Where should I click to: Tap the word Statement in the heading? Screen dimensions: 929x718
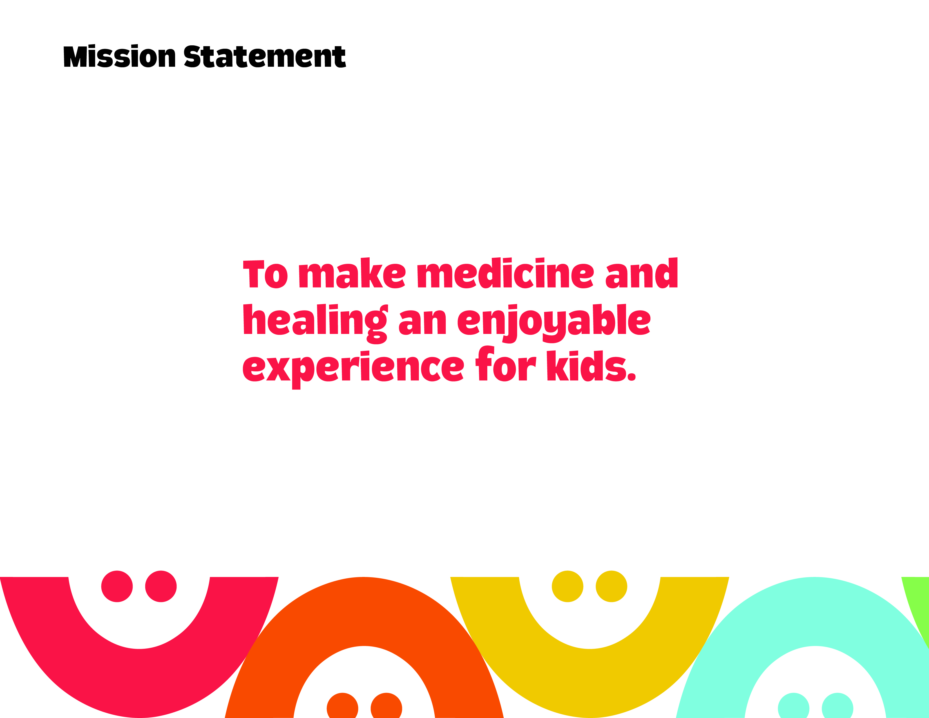pyautogui.click(x=265, y=57)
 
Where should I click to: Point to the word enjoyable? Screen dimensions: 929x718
pyautogui.click(x=554, y=323)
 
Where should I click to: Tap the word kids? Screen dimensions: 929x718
pyautogui.click(x=591, y=365)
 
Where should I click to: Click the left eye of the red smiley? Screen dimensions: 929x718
pyautogui.click(x=117, y=586)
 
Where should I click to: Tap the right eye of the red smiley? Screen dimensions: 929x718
pyautogui.click(x=161, y=586)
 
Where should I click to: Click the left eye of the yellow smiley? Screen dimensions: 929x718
pyautogui.click(x=568, y=586)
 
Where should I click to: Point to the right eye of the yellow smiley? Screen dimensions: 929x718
pyautogui.click(x=611, y=586)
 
